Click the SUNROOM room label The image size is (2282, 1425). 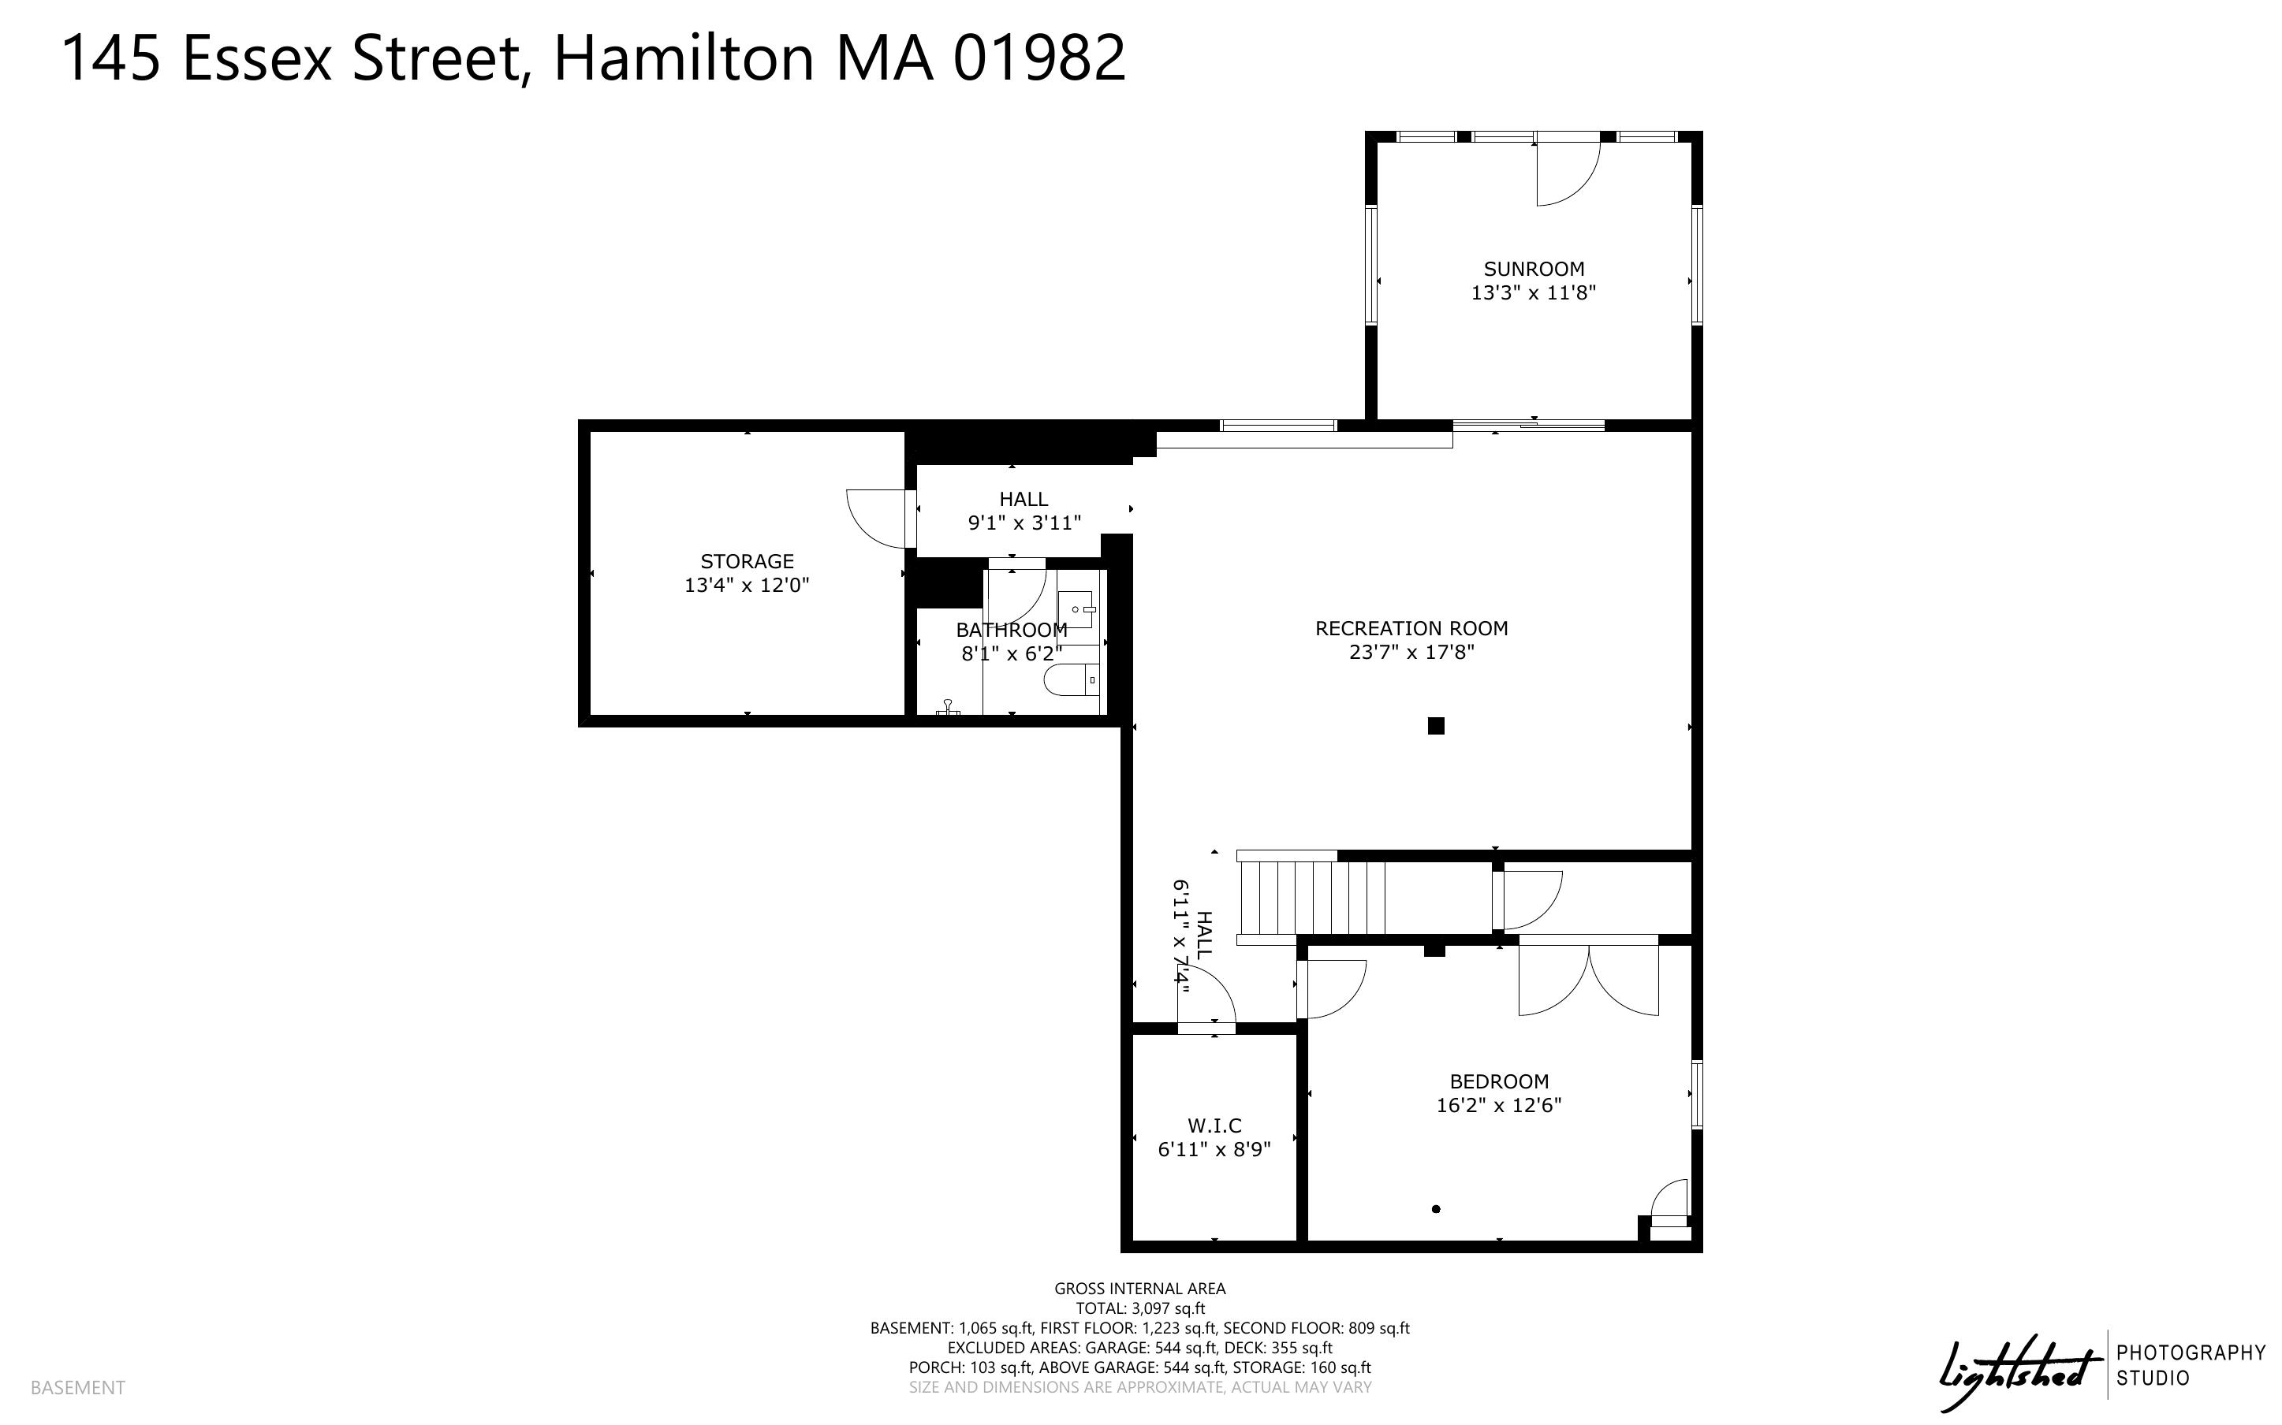[1534, 269]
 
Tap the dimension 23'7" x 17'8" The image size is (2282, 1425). [1411, 652]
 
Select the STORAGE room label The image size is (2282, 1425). [747, 560]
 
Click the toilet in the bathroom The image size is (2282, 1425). [1072, 679]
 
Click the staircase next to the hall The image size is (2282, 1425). [1312, 896]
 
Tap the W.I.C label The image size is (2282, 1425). [1214, 1125]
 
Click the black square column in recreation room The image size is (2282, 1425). [1436, 726]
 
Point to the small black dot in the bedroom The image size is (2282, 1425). [1436, 1209]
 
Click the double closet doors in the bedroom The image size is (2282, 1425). [1588, 980]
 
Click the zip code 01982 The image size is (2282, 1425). [1038, 58]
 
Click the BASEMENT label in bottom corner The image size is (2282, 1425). [77, 1387]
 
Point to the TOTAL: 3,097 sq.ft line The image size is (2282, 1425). [1140, 1308]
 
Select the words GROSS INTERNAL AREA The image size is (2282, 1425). [1139, 1289]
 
